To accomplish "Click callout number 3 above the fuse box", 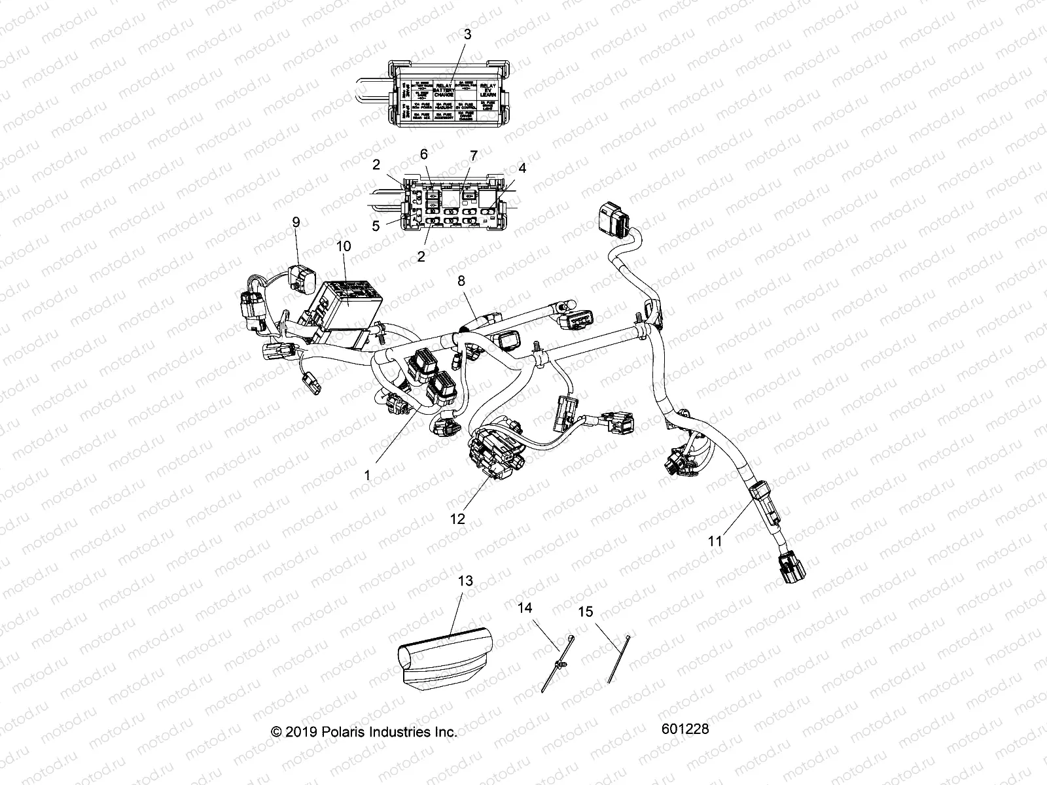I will (467, 35).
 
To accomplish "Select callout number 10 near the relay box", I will (344, 247).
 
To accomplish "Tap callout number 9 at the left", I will (296, 222).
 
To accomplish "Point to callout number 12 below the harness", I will (457, 519).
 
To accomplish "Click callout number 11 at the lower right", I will (715, 541).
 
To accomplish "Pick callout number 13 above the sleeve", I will (466, 581).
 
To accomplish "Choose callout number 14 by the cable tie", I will (525, 608).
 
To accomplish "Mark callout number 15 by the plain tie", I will (586, 612).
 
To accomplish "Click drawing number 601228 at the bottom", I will (684, 729).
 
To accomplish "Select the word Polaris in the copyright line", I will (342, 732).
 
